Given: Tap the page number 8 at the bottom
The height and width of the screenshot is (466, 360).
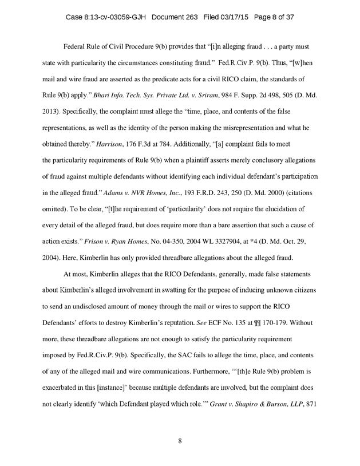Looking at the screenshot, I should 180,441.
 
